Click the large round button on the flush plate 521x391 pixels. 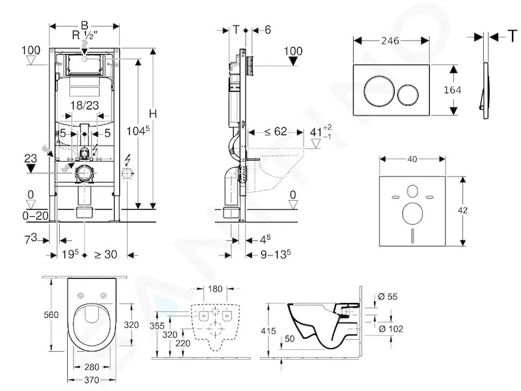380,90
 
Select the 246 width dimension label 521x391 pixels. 390,41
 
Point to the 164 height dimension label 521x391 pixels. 452,90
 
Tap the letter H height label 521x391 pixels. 152,113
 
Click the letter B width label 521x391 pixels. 85,25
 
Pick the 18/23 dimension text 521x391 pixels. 85,106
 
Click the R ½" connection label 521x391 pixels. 85,35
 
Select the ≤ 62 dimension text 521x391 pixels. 275,132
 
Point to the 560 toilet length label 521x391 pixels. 51,315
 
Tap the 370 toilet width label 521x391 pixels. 91,380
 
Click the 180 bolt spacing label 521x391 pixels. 215,289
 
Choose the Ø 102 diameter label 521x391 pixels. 391,329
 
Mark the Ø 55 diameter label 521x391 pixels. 387,297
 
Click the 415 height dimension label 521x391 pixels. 268,331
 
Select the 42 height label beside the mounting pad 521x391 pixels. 462,210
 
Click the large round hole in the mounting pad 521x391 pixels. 412,212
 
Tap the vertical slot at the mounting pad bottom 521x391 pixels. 412,235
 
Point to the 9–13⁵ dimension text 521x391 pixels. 275,254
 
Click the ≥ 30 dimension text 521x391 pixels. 106,254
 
